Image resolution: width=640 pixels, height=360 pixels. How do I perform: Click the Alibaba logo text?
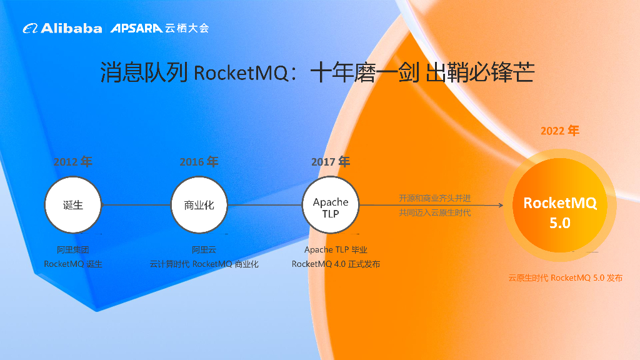pyautogui.click(x=71, y=28)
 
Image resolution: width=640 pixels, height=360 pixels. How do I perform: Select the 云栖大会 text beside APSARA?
pyautogui.click(x=187, y=28)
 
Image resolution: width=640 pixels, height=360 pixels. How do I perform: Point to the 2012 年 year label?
pyautogui.click(x=72, y=162)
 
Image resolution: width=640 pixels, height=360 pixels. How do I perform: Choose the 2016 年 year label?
pyautogui.click(x=199, y=162)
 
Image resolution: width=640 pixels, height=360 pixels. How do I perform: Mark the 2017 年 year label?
pyautogui.click(x=331, y=162)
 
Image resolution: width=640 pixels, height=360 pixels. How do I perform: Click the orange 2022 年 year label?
pyautogui.click(x=560, y=131)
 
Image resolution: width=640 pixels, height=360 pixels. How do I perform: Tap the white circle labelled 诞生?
pyautogui.click(x=73, y=204)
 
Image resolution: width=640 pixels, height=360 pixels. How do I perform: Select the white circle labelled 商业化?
pyautogui.click(x=199, y=204)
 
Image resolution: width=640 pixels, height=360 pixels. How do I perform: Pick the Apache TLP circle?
pyautogui.click(x=331, y=204)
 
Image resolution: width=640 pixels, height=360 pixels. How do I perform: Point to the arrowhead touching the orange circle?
pyautogui.click(x=501, y=204)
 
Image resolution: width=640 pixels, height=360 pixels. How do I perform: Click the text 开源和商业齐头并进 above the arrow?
pyautogui.click(x=435, y=198)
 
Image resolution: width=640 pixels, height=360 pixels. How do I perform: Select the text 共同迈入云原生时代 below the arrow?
pyautogui.click(x=435, y=212)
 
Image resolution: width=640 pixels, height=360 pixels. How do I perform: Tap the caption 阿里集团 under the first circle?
pyautogui.click(x=73, y=250)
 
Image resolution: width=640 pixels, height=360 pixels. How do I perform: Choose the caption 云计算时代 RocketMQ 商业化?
pyautogui.click(x=204, y=264)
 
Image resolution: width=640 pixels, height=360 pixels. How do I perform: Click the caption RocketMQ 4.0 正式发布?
pyautogui.click(x=336, y=264)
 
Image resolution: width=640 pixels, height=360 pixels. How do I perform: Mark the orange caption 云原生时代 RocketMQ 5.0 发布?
pyautogui.click(x=565, y=278)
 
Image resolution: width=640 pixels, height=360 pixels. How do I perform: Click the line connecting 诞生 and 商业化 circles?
pyautogui.click(x=136, y=204)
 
